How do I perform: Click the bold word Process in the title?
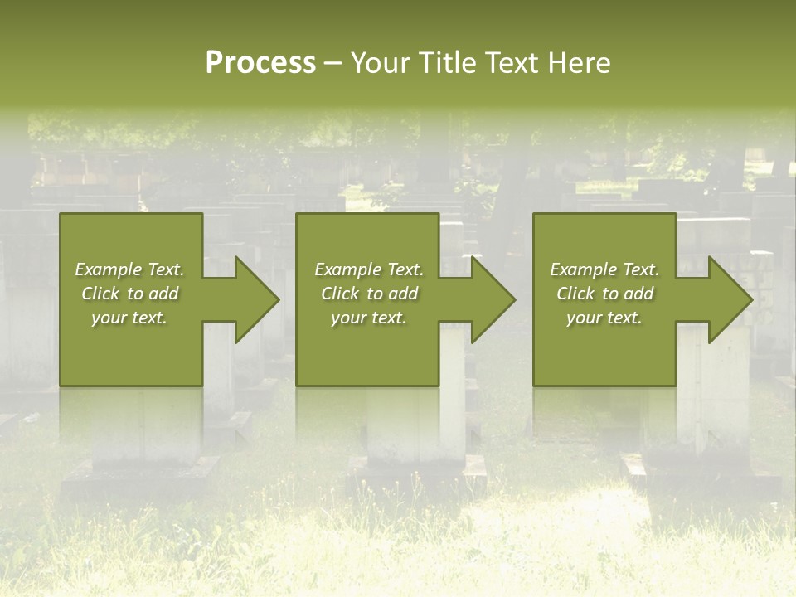pos(260,63)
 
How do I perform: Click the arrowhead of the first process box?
pos(256,299)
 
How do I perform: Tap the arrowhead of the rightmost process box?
pos(730,299)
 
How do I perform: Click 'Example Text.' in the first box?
pos(129,269)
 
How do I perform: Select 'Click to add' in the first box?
pos(129,294)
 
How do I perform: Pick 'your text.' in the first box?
pos(129,318)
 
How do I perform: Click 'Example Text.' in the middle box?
pos(368,269)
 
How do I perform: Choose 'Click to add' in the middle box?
pos(368,294)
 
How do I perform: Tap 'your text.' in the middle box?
pos(368,318)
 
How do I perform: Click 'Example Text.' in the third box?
pos(604,269)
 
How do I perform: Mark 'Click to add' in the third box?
pos(604,294)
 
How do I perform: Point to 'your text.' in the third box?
pos(604,318)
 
